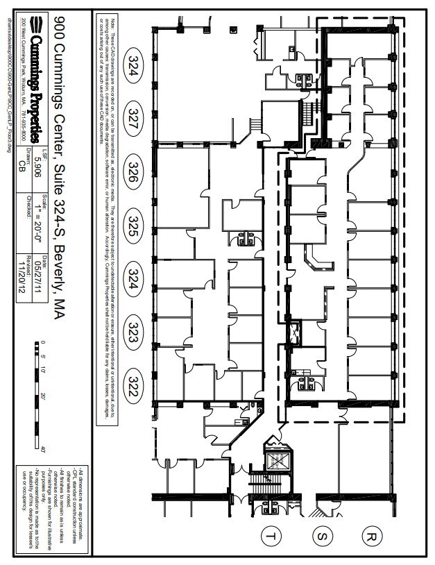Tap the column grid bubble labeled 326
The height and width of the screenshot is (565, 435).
click(134, 174)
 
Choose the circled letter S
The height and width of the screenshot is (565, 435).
click(321, 535)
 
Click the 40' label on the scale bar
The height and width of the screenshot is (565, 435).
click(43, 450)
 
